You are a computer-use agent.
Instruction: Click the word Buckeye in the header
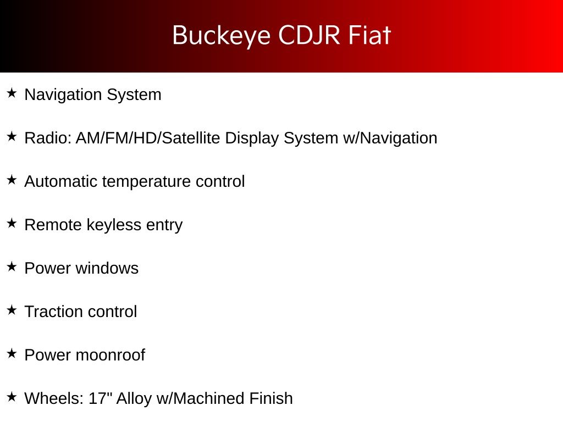221,36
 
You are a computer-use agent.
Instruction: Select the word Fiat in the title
369,35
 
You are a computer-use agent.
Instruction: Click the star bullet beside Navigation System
12,93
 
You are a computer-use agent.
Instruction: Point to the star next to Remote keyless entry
12,223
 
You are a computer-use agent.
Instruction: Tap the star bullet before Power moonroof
12,353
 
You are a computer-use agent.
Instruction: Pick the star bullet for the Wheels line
12,397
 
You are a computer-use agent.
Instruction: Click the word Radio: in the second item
48,138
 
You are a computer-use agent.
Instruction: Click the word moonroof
110,356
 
